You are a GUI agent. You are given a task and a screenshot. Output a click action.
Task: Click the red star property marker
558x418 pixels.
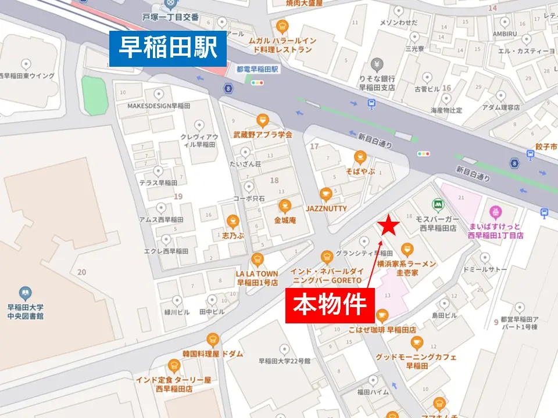point(389,227)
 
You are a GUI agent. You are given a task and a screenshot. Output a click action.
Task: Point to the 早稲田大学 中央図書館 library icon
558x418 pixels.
point(25,293)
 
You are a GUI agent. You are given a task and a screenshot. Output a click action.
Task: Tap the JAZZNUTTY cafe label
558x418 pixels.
point(325,208)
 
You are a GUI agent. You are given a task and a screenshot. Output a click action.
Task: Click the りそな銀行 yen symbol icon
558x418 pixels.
point(377,63)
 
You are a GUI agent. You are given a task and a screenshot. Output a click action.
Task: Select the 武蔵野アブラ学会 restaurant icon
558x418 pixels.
point(263,120)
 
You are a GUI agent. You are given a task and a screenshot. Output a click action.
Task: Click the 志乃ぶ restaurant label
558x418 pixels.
point(233,236)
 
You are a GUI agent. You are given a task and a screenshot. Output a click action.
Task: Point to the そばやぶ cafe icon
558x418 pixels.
point(360,156)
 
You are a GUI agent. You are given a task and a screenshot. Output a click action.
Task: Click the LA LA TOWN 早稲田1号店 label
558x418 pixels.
point(257,278)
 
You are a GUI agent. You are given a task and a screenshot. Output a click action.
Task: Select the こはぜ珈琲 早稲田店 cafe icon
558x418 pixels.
point(382,316)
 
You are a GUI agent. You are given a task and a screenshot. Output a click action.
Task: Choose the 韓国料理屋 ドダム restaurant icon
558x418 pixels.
point(213,339)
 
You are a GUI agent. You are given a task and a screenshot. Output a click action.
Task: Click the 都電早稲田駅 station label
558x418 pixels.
point(257,69)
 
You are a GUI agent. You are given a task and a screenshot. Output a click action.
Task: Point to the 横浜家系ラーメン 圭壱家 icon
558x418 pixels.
point(407,250)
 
